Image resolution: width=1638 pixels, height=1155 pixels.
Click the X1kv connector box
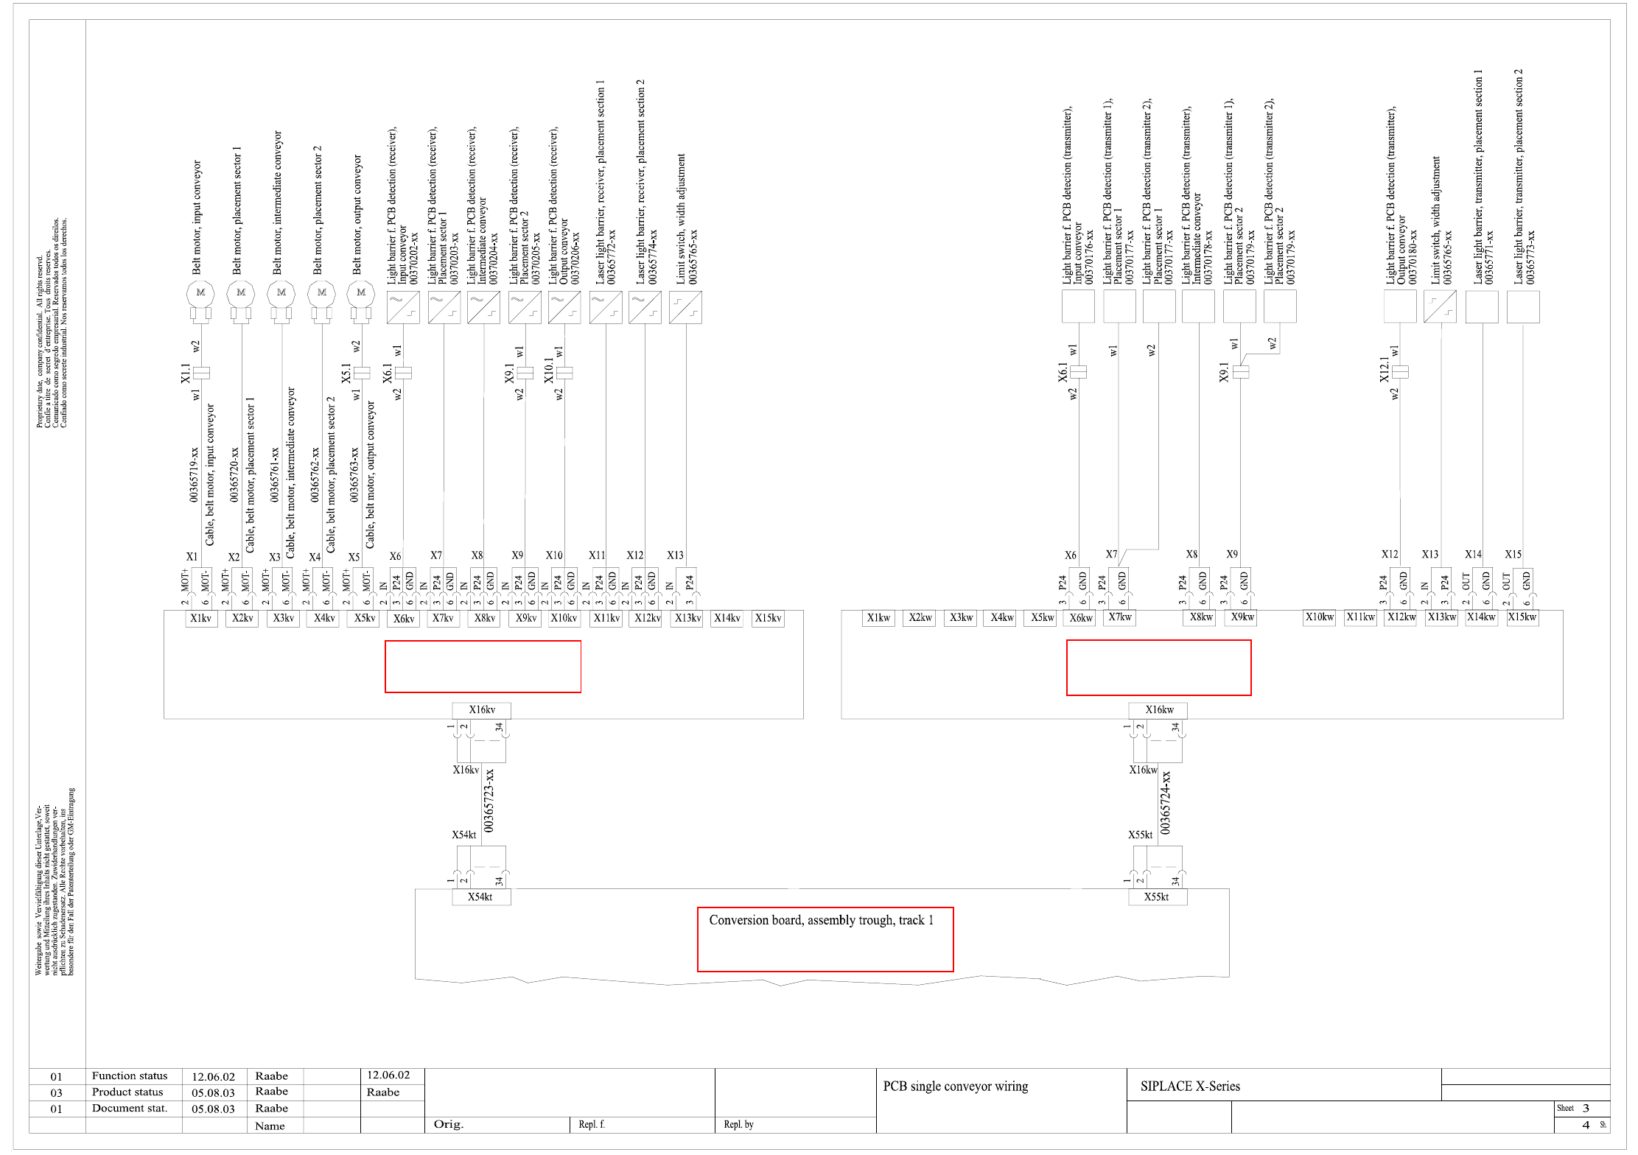point(200,618)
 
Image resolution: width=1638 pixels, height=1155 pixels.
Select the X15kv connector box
point(768,618)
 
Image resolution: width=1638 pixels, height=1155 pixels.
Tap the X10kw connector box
point(1319,617)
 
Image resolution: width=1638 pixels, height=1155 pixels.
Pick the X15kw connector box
point(1522,617)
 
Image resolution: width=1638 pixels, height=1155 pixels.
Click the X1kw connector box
point(878,618)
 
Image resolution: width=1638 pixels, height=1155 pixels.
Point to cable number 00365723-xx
point(489,801)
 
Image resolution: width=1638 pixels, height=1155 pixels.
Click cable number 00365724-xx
point(1165,802)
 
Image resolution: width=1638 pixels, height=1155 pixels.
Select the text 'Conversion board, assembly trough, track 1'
point(821,920)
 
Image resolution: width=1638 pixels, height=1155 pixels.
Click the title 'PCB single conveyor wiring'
point(955,1086)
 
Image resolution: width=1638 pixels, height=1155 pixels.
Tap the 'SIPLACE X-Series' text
point(1190,1086)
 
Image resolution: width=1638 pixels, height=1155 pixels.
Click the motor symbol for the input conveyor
point(200,294)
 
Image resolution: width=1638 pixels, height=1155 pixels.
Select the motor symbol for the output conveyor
point(361,294)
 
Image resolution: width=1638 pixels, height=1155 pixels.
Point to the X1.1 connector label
point(186,373)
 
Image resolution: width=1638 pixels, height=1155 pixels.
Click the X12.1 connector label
point(1385,370)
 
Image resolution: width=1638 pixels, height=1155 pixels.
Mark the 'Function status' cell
point(130,1076)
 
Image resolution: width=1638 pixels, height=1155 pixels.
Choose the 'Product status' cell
point(127,1092)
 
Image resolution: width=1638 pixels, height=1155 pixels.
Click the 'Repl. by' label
point(738,1125)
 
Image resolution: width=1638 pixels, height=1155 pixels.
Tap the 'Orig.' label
point(448,1125)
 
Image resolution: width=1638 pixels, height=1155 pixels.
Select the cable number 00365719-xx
point(194,474)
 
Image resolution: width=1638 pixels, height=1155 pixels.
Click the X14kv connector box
point(727,618)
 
